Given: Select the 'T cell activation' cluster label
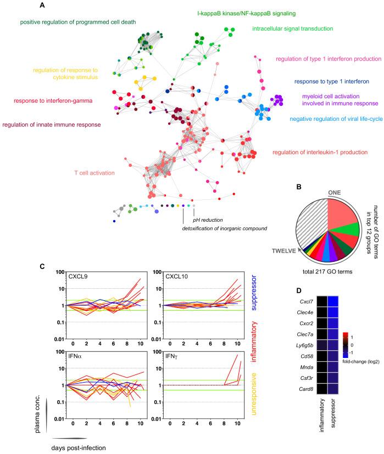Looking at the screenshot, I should pyautogui.click(x=94, y=173).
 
